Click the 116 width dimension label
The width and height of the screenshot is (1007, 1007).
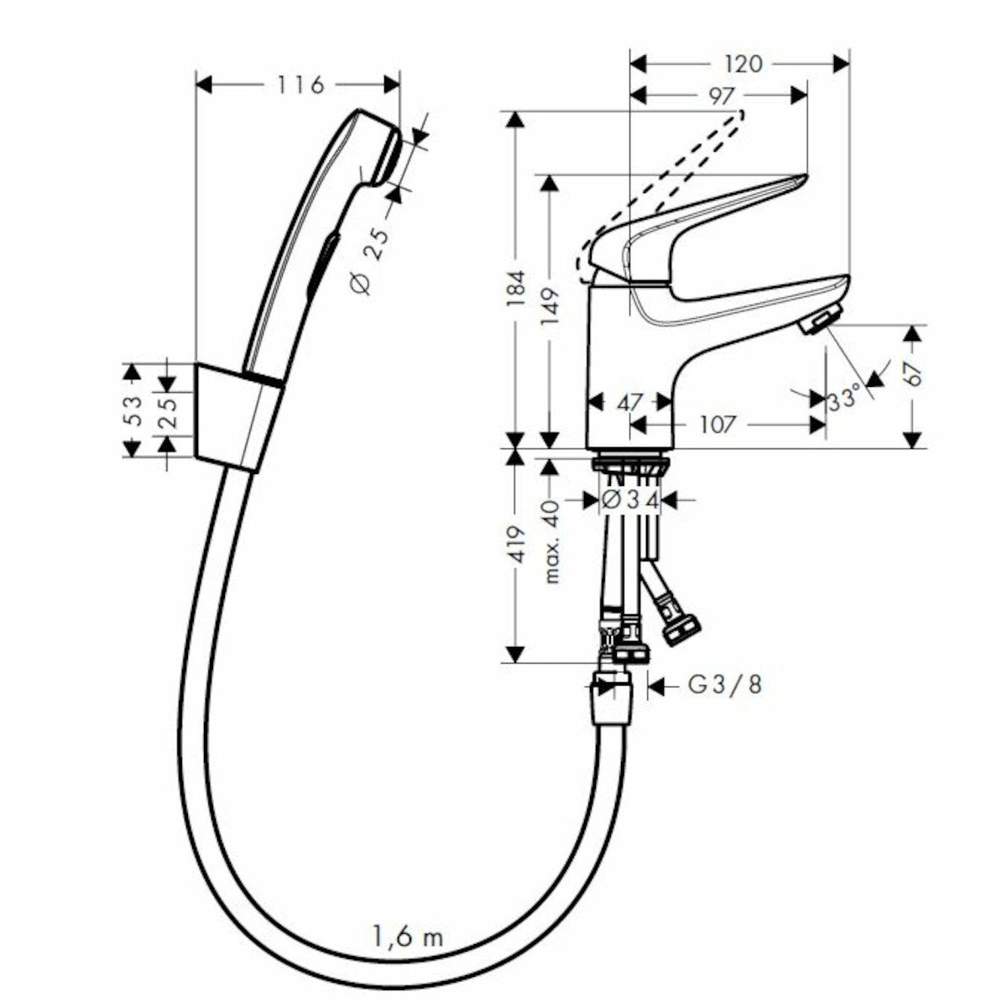click(300, 85)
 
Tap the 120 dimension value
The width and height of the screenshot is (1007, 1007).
click(744, 64)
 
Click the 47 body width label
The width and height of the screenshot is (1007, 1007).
click(630, 403)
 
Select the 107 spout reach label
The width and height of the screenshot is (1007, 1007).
click(717, 425)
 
